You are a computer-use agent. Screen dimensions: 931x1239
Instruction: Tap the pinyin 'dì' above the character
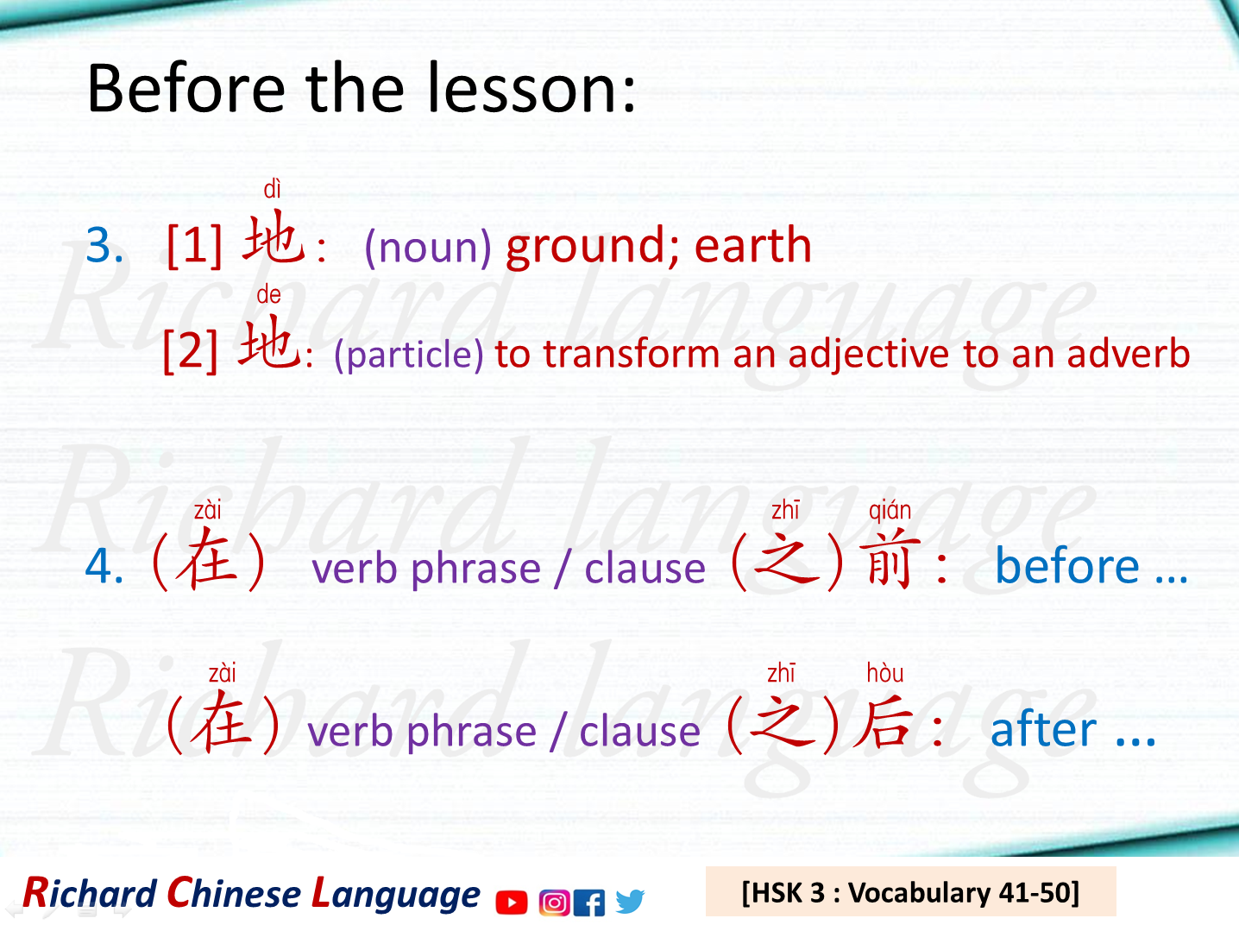pos(272,189)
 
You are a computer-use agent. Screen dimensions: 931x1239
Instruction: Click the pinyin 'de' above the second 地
pos(268,295)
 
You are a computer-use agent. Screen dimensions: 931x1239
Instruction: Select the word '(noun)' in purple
pos(428,248)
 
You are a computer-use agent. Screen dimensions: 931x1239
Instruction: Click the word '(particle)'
pos(409,355)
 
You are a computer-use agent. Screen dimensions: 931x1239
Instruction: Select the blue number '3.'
pos(105,246)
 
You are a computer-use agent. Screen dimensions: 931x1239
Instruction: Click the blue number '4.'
pos(104,567)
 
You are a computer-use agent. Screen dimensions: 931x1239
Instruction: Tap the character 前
pos(889,562)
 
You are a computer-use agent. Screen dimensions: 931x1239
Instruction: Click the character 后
pos(884,723)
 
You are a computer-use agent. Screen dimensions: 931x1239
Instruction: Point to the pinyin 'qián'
pos(890,511)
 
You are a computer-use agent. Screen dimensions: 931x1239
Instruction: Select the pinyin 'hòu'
pos(884,673)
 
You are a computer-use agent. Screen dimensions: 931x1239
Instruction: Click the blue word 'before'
pos(1067,567)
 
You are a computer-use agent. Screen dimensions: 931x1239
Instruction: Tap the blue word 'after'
pos(1043,730)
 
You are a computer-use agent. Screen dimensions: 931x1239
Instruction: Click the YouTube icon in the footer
pos(512,903)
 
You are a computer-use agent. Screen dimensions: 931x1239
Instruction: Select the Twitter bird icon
pos(630,902)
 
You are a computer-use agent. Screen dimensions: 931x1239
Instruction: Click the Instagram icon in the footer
pos(554,903)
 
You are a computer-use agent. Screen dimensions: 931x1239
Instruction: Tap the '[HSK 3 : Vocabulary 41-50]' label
pos(910,892)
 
